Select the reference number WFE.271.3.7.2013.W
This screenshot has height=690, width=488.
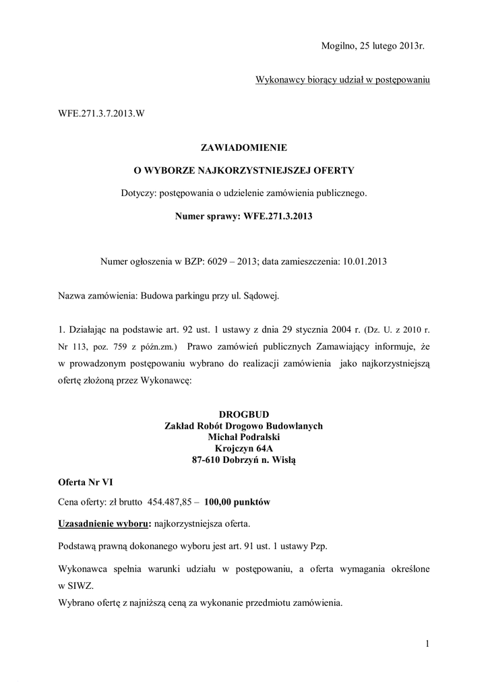101,113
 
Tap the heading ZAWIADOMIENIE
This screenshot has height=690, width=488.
243,146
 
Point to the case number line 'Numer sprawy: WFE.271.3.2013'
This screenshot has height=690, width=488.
243,217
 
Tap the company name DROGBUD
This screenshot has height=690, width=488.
244,414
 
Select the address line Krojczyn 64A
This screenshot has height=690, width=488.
244,448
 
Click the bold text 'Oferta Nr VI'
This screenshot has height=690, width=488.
84,483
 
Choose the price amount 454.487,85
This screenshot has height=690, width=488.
173,502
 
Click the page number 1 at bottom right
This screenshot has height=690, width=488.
427,644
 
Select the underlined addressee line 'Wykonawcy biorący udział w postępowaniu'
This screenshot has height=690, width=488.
342,80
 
